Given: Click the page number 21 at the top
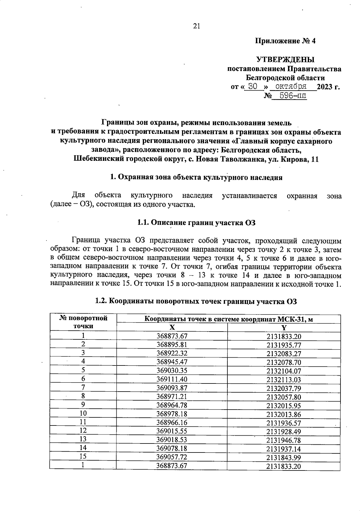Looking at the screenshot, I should (x=196, y=26).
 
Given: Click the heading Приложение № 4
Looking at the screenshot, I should (x=285, y=41).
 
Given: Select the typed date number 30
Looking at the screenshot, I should (x=253, y=86).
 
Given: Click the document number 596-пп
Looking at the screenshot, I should (x=289, y=96).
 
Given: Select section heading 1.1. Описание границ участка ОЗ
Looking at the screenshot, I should (x=196, y=222).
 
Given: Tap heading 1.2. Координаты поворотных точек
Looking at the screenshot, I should (x=196, y=301).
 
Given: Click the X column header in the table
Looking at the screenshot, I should (x=172, y=327).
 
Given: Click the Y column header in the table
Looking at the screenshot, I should (x=283, y=328).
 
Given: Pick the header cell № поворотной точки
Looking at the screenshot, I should (x=83, y=322).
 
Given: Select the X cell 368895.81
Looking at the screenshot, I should (x=172, y=344).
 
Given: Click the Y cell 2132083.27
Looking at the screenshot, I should (x=283, y=354).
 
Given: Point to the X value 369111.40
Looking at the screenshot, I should (x=172, y=379).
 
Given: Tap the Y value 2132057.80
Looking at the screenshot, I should (x=283, y=397).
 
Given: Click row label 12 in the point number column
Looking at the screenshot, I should (x=83, y=430).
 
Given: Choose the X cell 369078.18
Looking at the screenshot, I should (x=172, y=448).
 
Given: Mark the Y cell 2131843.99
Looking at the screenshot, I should (x=283, y=458).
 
